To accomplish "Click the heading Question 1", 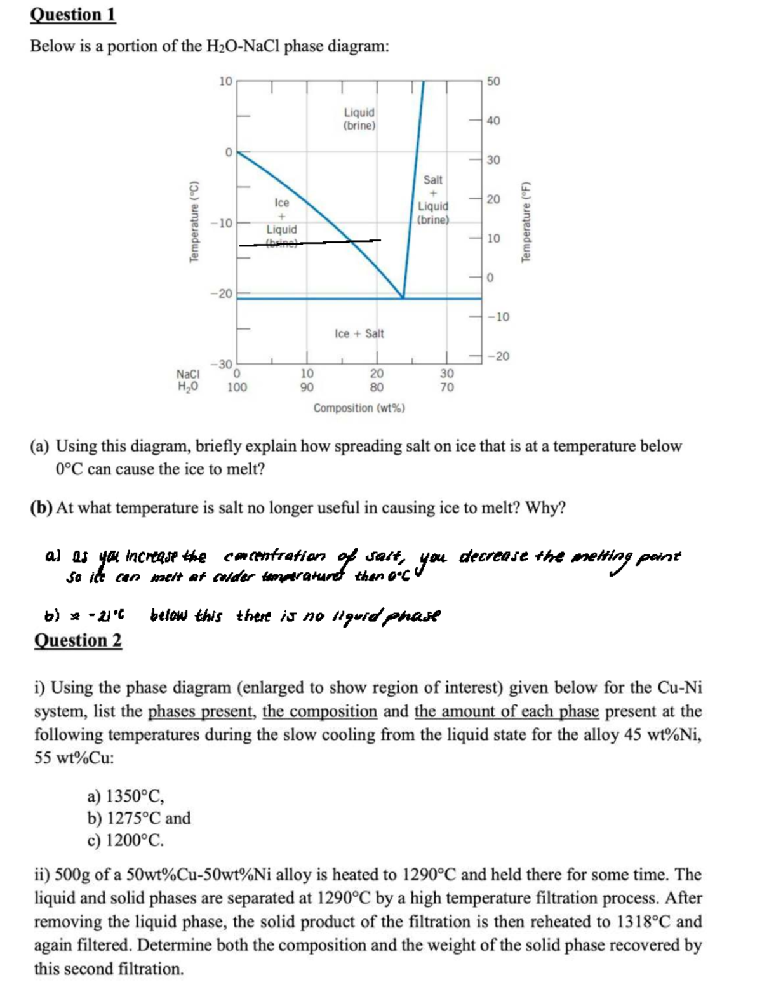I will (73, 14).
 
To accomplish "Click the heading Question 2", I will (77, 640).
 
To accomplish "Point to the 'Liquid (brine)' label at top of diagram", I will (359, 119).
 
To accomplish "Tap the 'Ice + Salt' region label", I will (359, 333).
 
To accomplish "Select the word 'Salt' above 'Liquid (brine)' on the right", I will (432, 180).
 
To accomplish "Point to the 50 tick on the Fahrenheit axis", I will (493, 81).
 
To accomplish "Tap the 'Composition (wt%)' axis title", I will (359, 408).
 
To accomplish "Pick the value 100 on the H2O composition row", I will (237, 387).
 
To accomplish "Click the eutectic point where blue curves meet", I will (403, 297).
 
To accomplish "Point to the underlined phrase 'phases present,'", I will (203, 711).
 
